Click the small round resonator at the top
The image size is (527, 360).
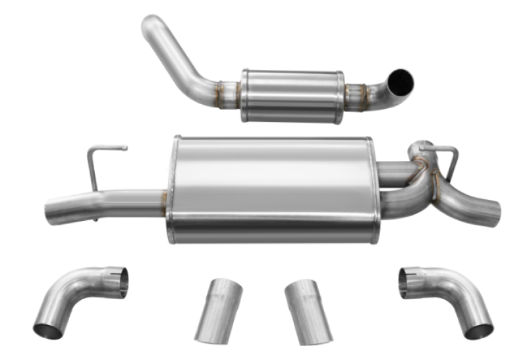click(x=292, y=95)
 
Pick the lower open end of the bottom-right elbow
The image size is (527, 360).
click(x=478, y=330)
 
